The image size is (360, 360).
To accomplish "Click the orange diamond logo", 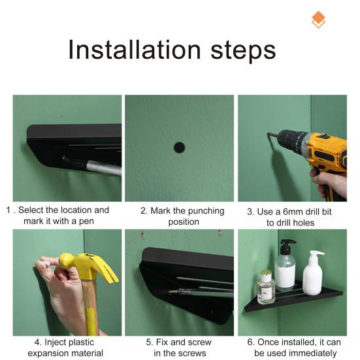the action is point(318,20).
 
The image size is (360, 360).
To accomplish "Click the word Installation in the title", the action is point(135,50).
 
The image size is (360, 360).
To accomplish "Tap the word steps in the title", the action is point(243,52).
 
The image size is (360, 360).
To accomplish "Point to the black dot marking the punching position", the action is point(179,148).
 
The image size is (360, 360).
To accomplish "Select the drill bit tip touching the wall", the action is point(268,134).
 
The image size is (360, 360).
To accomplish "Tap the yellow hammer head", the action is point(88,267).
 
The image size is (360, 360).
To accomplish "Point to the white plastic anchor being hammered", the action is point(44,263).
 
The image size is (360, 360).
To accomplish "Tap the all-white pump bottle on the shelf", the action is point(312,272).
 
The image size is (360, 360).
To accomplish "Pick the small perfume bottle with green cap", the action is point(266,287).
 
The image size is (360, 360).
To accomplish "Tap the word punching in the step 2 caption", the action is point(202,211).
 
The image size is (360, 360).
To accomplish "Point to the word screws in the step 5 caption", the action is point(193,353).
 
